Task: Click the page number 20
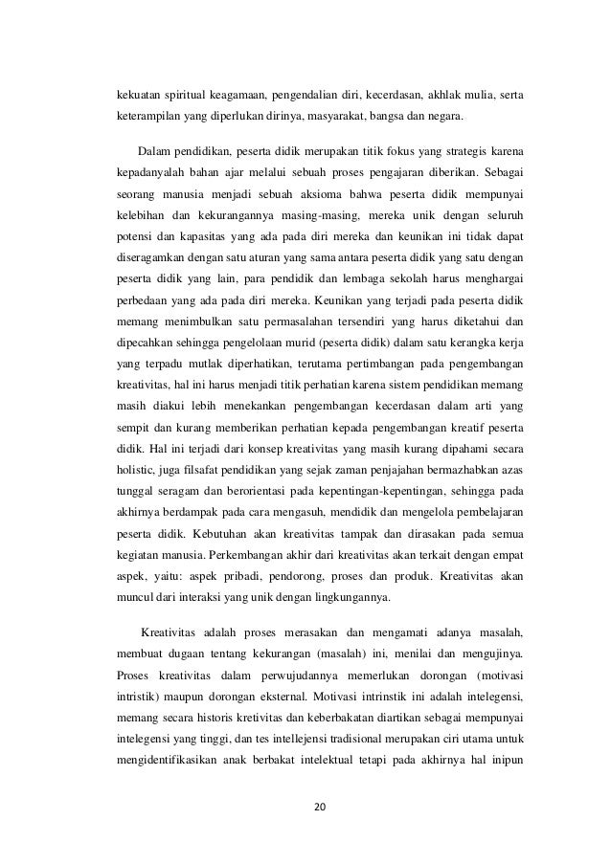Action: coord(320,805)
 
